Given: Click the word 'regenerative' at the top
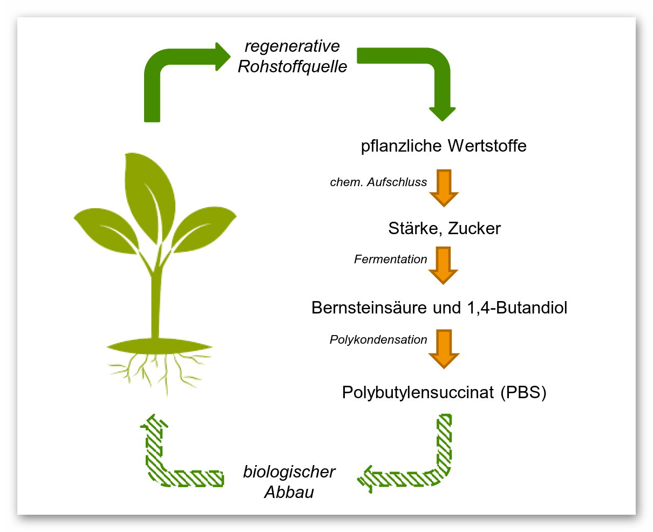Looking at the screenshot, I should pyautogui.click(x=292, y=46).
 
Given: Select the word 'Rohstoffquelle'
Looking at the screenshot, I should pyautogui.click(x=293, y=66).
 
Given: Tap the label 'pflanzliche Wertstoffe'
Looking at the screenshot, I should pyautogui.click(x=444, y=146).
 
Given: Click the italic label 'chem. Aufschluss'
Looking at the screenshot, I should pyautogui.click(x=378, y=182).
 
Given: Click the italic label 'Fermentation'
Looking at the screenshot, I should pyautogui.click(x=390, y=260).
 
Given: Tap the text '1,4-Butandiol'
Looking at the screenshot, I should pyautogui.click(x=515, y=308).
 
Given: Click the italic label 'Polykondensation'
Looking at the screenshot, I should pyautogui.click(x=378, y=340).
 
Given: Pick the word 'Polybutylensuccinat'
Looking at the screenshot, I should pyautogui.click(x=418, y=392).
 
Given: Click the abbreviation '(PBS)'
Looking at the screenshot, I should pyautogui.click(x=523, y=392).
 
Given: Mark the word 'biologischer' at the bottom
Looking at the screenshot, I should pyautogui.click(x=289, y=472).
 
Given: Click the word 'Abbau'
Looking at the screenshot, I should pyautogui.click(x=289, y=492).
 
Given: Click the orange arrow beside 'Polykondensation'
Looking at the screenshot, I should pyautogui.click(x=444, y=349).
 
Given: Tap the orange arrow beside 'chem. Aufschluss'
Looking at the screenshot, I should pyautogui.click(x=444, y=188).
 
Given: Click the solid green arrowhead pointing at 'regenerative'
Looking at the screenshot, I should pyautogui.click(x=222, y=57).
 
